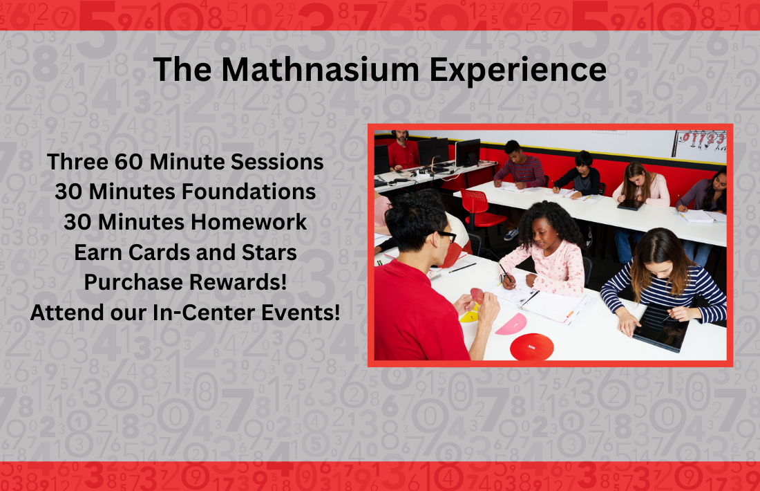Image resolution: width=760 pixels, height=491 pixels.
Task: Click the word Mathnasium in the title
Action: click(320, 69)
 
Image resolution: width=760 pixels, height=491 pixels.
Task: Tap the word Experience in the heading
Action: click(518, 71)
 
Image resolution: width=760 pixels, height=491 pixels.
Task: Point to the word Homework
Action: click(249, 222)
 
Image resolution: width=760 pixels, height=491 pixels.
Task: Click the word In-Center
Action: click(204, 313)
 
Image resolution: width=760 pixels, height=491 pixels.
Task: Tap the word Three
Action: click(77, 162)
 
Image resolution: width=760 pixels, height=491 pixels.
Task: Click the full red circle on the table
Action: click(532, 347)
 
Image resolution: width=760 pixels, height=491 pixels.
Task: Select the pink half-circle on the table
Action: click(512, 324)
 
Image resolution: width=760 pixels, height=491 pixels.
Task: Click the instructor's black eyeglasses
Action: click(445, 236)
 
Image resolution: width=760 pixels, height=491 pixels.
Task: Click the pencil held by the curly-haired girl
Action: click(506, 272)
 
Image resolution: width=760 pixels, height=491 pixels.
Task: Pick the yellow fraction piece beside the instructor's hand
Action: click(468, 316)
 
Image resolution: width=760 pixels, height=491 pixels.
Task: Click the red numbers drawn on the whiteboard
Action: click(702, 138)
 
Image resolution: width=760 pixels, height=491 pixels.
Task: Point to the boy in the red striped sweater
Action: click(518, 165)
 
